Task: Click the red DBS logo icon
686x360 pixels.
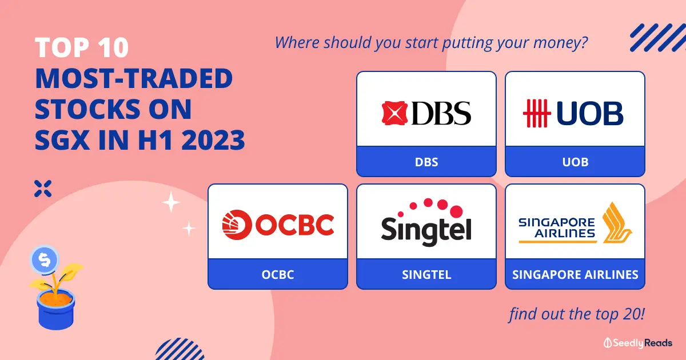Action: [394, 113]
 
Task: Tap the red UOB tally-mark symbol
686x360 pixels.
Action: [537, 113]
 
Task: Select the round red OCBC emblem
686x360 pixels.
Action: [237, 225]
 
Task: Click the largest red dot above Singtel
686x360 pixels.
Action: [456, 211]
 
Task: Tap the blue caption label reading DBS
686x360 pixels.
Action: [426, 162]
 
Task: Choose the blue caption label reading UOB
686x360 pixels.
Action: [575, 162]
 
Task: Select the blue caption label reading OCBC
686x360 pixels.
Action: [278, 275]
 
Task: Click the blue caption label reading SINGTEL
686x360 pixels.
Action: [426, 275]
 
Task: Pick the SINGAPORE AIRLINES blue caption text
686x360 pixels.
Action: [575, 275]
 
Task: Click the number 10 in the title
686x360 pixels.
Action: [113, 47]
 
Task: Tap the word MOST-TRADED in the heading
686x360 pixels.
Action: [134, 78]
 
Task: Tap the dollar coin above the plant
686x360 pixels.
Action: [45, 259]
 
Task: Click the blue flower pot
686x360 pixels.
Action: [56, 310]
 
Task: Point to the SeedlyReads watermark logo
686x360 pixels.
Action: [637, 343]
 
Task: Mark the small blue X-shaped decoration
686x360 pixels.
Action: [43, 189]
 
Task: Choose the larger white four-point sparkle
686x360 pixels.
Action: [171, 202]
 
